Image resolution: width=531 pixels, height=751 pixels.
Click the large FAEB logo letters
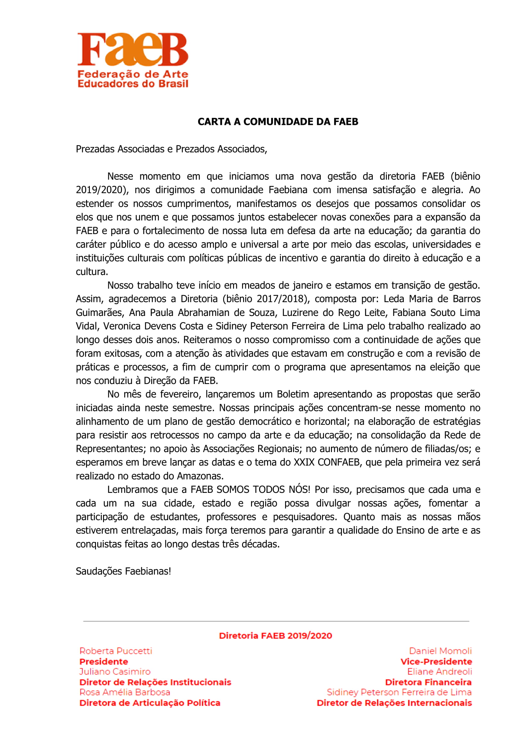point(132,49)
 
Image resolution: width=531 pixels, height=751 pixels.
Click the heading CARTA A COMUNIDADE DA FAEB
point(278,122)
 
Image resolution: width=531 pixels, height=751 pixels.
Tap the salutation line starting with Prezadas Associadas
point(171,149)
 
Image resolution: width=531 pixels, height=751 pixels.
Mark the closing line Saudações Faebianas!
point(123,571)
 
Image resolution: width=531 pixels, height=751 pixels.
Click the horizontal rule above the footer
point(276,621)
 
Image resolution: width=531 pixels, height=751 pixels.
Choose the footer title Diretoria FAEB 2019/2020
point(275,635)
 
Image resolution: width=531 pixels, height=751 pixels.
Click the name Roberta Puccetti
point(116,651)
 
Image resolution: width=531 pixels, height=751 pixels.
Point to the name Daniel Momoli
point(440,651)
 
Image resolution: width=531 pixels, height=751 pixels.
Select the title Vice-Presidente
point(436,661)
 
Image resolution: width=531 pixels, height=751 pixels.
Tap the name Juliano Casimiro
point(115,671)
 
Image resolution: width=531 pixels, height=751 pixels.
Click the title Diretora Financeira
point(428,682)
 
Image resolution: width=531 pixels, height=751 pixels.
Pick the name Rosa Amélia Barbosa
point(125,692)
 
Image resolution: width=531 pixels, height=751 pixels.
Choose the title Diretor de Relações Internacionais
point(394,703)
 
